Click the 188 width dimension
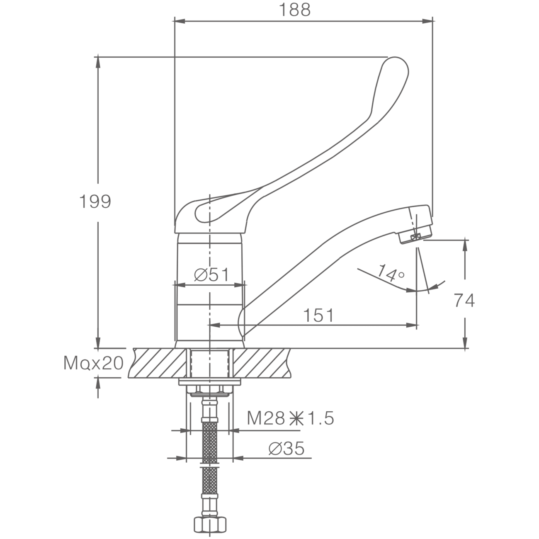pos(295,10)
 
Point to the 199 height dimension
pos(95,202)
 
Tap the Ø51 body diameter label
pos(211,274)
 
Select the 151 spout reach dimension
pos(318,315)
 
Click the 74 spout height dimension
pos(464,301)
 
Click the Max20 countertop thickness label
pos(93,363)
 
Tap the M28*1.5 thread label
pos(290,426)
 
